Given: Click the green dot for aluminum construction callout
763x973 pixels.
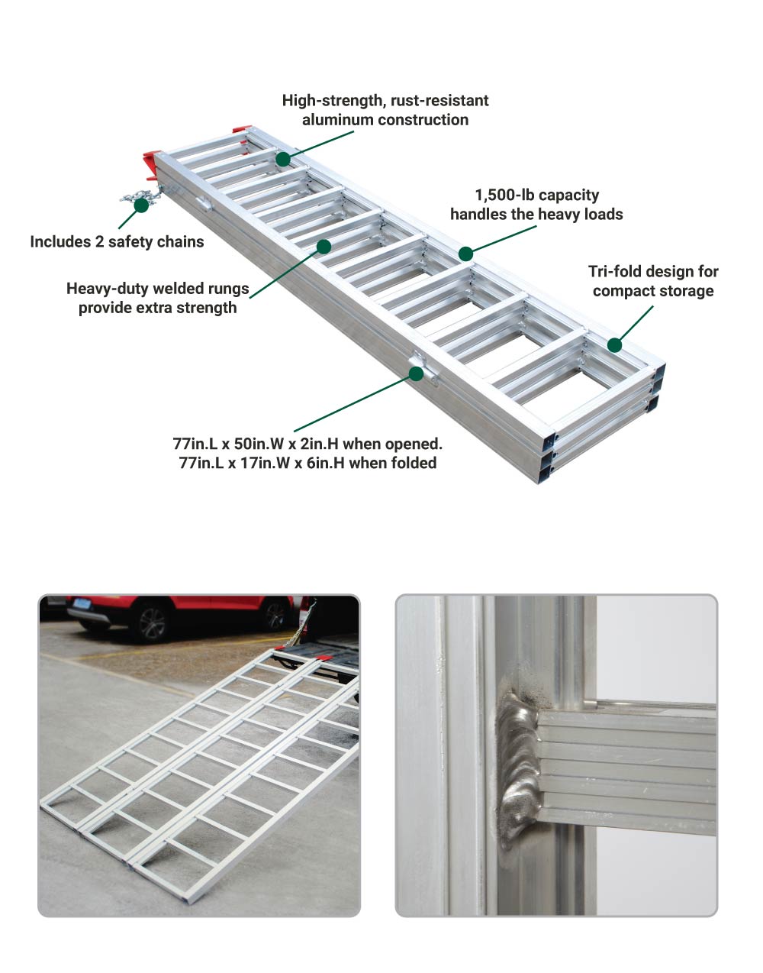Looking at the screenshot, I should coord(283,159).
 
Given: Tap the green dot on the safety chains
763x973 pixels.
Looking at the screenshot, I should coord(141,205).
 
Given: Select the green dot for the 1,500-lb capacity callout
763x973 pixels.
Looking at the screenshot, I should coord(465,254).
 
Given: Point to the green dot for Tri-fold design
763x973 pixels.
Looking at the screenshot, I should coord(614,345).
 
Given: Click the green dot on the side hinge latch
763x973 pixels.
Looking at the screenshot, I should coord(416,373).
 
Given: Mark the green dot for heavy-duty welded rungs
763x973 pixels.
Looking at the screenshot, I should coord(324,247).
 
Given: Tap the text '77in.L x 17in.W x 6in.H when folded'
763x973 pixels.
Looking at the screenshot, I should coord(307,463).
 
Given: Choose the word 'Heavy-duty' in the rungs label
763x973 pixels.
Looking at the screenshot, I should coord(105,289).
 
